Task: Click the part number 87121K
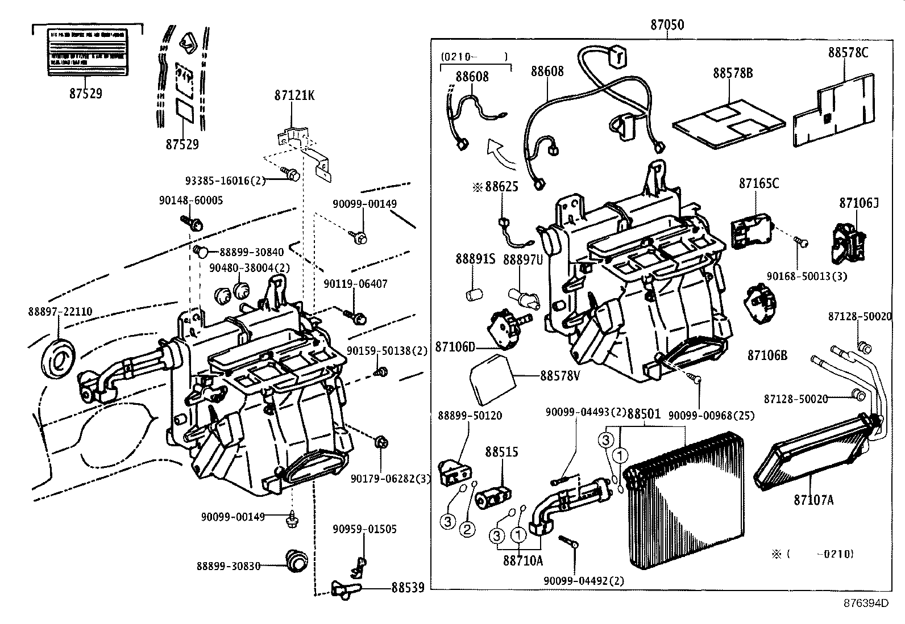[x=294, y=96]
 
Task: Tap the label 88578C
[x=848, y=52]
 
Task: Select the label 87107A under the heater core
[x=813, y=500]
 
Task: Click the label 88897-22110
[x=60, y=312]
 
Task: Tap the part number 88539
[x=408, y=588]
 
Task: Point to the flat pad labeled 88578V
[x=491, y=377]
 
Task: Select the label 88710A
[x=522, y=560]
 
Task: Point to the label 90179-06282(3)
[x=391, y=479]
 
